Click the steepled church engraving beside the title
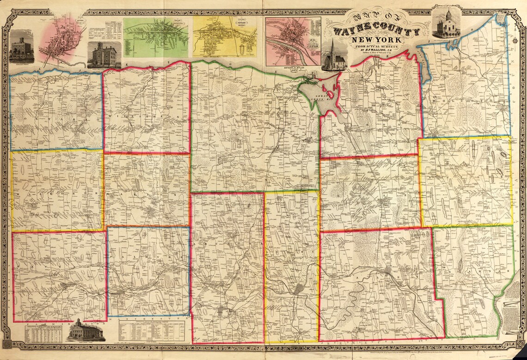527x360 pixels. pyautogui.click(x=333, y=56)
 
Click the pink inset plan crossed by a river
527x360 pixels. pyautogui.click(x=292, y=41)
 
